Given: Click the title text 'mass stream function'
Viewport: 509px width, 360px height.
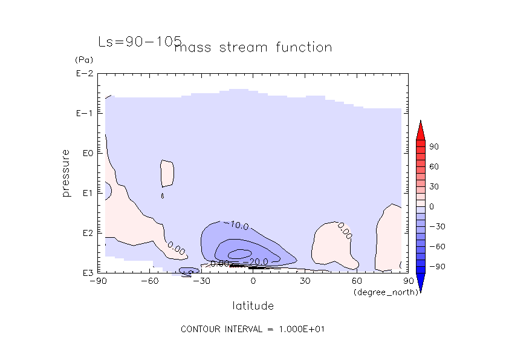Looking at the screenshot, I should pyautogui.click(x=253, y=47).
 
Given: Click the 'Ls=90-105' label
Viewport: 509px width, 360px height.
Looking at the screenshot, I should pyautogui.click(x=140, y=41).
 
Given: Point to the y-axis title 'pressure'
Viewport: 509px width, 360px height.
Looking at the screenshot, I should pyautogui.click(x=66, y=173).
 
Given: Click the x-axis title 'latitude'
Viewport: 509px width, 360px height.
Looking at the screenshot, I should pyautogui.click(x=253, y=306).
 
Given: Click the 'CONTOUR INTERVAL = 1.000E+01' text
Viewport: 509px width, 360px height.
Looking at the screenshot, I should pyautogui.click(x=254, y=329).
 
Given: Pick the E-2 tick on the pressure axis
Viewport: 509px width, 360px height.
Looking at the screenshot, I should pyautogui.click(x=83, y=74).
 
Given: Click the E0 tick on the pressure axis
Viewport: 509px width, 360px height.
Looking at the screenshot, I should pyautogui.click(x=86, y=154).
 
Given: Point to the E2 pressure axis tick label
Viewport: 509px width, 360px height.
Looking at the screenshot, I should pyautogui.click(x=86, y=233).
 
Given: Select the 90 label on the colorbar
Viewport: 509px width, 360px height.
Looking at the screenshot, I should pyautogui.click(x=434, y=147).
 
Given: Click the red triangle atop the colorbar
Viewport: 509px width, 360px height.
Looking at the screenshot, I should pyautogui.click(x=420, y=129).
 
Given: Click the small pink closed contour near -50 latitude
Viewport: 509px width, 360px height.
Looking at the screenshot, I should pyautogui.click(x=167, y=174).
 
